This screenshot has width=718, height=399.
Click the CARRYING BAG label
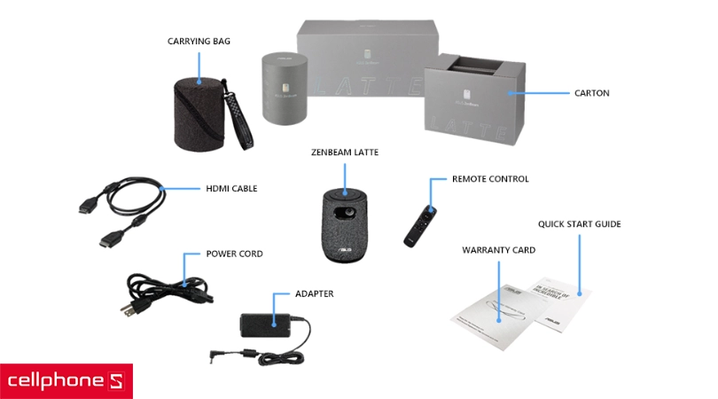pyautogui.click(x=199, y=41)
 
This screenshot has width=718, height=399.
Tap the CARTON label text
pyautogui.click(x=591, y=92)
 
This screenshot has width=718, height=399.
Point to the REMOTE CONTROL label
pyautogui.click(x=489, y=179)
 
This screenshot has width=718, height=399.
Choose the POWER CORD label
pyautogui.click(x=234, y=254)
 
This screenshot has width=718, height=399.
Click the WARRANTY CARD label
pyautogui.click(x=498, y=250)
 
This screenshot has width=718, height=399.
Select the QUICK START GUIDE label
pyautogui.click(x=580, y=224)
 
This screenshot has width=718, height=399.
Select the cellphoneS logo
pyautogui.click(x=66, y=381)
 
